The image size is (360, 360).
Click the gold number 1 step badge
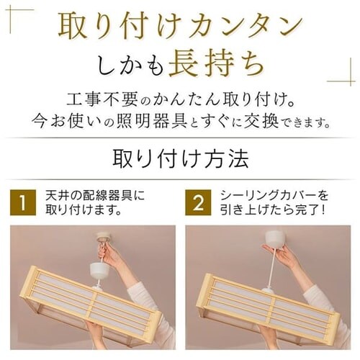point(23,202)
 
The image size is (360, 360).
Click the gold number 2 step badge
point(198,202)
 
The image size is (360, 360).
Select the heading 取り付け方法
point(181,159)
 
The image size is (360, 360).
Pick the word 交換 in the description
point(261,120)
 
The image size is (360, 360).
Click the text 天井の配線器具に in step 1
point(96,195)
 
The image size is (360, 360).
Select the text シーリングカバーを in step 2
point(274,195)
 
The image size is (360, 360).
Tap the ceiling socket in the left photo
point(104,237)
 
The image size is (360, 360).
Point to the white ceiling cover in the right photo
point(274,238)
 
